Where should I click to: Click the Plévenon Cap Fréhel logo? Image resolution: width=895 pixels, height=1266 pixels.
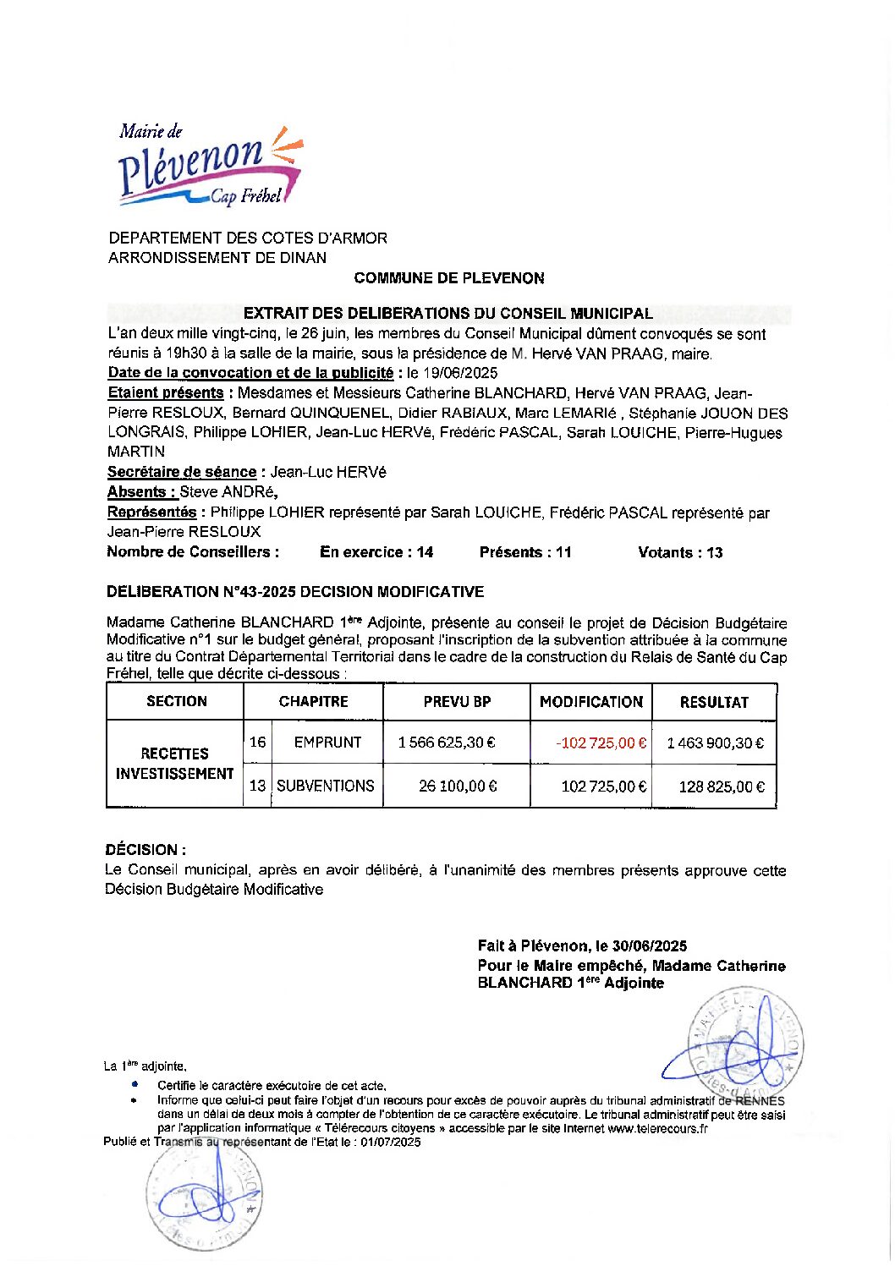(210, 166)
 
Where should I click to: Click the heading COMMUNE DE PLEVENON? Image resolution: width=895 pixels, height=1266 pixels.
(448, 278)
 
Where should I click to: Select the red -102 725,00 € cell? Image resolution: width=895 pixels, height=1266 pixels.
(601, 743)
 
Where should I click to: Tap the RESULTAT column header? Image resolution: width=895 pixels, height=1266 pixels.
(714, 702)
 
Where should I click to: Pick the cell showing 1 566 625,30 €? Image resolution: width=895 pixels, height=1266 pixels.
(447, 743)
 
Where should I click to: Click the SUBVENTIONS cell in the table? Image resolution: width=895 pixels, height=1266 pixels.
(326, 786)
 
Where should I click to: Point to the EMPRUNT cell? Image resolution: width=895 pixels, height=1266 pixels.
(327, 743)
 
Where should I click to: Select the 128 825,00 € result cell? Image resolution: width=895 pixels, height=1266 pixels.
(721, 786)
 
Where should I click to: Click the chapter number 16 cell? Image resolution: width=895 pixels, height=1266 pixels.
(257, 743)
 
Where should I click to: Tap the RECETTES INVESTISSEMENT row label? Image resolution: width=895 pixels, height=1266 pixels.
(174, 764)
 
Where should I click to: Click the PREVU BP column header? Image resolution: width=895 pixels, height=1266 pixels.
(457, 702)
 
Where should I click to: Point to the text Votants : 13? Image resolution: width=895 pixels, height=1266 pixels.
(680, 552)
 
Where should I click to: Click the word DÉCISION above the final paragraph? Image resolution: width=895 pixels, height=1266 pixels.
(141, 850)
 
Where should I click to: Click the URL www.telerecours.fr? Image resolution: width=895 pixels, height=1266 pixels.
(657, 1128)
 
